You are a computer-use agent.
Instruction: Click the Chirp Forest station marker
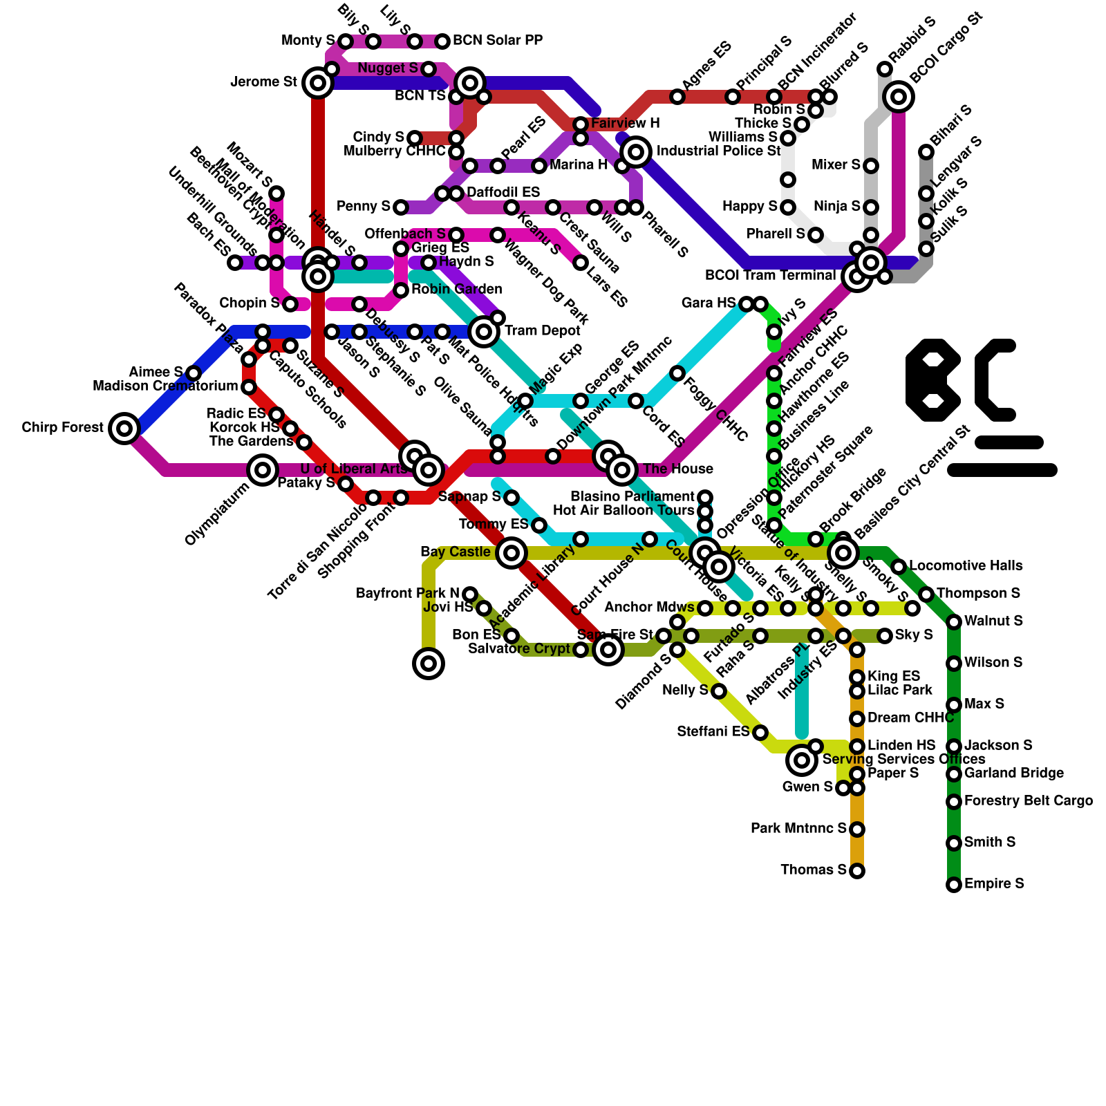[124, 429]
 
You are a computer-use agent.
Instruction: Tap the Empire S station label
[994, 884]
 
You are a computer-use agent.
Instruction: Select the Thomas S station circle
[857, 871]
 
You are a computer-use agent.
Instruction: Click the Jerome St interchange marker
[318, 83]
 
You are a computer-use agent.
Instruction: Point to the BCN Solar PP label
[498, 41]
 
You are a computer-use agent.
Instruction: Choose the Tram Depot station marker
[484, 332]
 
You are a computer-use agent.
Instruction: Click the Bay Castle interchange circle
[512, 553]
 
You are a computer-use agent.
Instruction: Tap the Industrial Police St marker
[636, 151]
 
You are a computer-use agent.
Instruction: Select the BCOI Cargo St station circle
[899, 97]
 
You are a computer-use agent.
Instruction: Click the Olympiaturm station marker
[263, 471]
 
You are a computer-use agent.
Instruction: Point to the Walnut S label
[993, 621]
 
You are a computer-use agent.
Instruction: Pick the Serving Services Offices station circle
[802, 760]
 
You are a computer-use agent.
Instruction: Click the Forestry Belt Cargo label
[1029, 801]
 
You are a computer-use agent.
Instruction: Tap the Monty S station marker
[346, 42]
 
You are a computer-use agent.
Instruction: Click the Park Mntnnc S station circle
[857, 829]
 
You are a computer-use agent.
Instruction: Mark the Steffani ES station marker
[760, 733]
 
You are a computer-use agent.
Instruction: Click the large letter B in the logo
[933, 380]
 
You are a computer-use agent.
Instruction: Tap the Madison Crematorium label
[166, 386]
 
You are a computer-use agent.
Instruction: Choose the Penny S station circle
[401, 207]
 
